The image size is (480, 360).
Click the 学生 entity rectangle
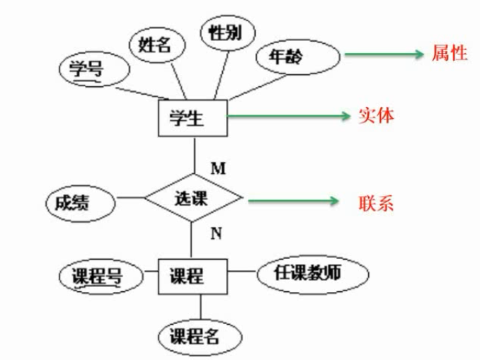click(190, 117)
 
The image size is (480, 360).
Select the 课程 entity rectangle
click(190, 276)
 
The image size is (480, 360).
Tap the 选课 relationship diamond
click(193, 198)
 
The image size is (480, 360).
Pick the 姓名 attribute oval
click(156, 46)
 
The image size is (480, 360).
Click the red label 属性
click(449, 54)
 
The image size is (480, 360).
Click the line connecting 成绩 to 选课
click(130, 197)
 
